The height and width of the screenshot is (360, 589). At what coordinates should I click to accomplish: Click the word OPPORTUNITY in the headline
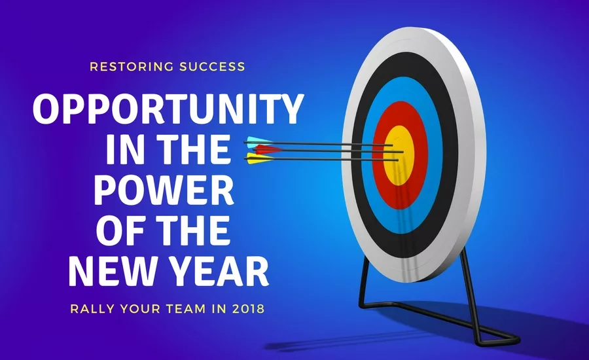click(168, 110)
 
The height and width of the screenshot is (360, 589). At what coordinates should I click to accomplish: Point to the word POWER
click(164, 190)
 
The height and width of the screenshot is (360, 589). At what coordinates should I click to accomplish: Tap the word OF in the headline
click(119, 229)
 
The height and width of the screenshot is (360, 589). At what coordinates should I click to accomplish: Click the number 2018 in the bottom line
click(248, 309)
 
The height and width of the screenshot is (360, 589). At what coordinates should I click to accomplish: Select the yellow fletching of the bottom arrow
click(256, 158)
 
